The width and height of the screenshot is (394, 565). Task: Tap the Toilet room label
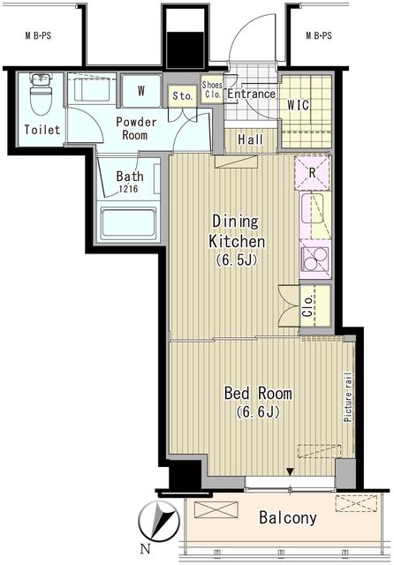tap(42, 130)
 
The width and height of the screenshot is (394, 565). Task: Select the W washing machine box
tap(140, 89)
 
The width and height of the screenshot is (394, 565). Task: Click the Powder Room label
tap(136, 129)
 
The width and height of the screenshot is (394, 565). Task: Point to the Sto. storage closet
tap(182, 95)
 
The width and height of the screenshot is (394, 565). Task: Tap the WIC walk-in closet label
tap(299, 104)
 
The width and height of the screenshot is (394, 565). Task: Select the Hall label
tap(250, 139)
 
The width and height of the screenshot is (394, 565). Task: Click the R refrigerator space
tap(311, 172)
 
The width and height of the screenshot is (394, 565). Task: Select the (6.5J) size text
tap(236, 261)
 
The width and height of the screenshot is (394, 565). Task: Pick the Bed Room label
tap(258, 393)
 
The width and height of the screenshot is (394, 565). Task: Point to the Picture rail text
tap(348, 397)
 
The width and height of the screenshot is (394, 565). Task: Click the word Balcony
tap(286, 518)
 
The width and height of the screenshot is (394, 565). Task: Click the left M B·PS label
tap(37, 36)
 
